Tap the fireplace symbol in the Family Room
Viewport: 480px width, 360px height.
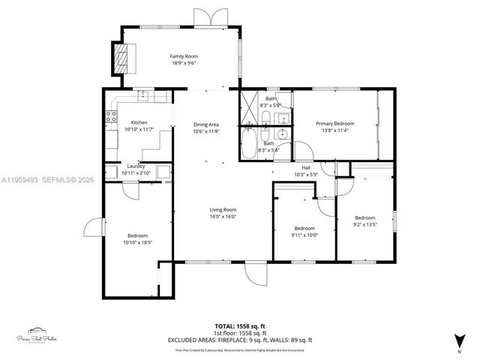(x=120, y=57)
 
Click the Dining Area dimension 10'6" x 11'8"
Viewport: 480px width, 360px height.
(x=206, y=131)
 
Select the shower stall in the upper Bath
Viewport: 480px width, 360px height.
(x=249, y=109)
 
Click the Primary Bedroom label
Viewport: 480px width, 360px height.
(x=334, y=124)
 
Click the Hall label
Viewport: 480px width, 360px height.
(x=305, y=167)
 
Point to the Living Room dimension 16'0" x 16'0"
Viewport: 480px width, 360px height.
(x=223, y=217)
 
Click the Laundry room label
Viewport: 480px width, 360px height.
(x=136, y=166)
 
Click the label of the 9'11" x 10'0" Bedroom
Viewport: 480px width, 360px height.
(x=304, y=228)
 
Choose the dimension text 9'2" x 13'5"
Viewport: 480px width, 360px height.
(x=364, y=223)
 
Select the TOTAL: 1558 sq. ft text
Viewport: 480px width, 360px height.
(x=240, y=325)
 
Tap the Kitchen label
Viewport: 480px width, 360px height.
(x=139, y=123)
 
